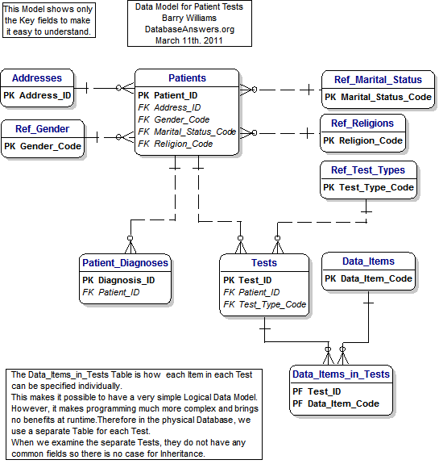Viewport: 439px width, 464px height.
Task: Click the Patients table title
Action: click(x=187, y=78)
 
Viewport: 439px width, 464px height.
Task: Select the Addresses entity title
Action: click(x=37, y=78)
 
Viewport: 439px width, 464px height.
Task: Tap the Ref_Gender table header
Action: click(x=41, y=128)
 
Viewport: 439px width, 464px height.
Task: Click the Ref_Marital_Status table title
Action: click(x=378, y=80)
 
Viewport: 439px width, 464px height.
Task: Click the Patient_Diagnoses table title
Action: click(x=125, y=262)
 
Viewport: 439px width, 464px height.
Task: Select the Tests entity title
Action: click(x=263, y=262)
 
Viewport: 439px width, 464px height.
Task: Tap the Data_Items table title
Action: click(x=368, y=261)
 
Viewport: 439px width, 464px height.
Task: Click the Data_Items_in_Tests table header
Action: click(x=342, y=374)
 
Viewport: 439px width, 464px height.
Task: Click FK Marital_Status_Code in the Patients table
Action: click(x=187, y=132)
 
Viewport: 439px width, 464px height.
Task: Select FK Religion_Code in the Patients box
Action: click(x=176, y=144)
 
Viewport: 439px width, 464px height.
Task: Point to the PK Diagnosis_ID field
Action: click(x=118, y=280)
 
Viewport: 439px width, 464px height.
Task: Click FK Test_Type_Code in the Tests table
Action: click(x=264, y=304)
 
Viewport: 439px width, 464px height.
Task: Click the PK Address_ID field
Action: click(x=37, y=95)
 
